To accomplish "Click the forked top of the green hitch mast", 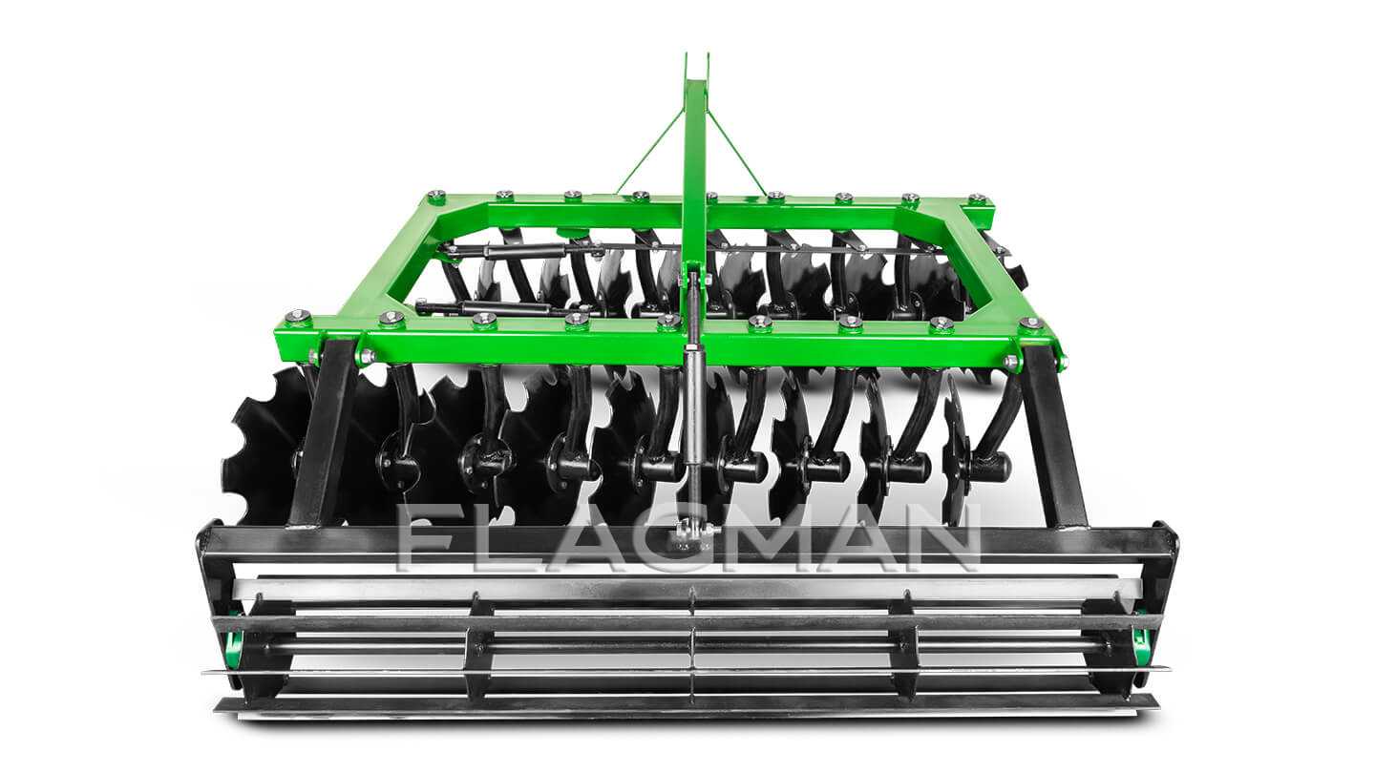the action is [x=697, y=69].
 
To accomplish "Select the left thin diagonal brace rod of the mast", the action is [x=649, y=151].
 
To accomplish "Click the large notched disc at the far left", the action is [x=267, y=447].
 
